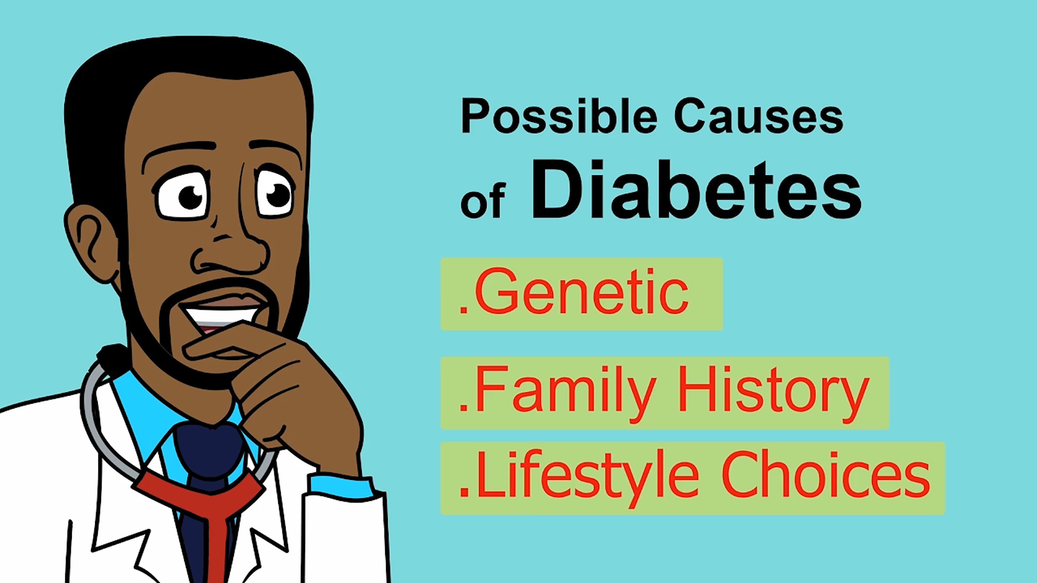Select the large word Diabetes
(696, 189)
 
